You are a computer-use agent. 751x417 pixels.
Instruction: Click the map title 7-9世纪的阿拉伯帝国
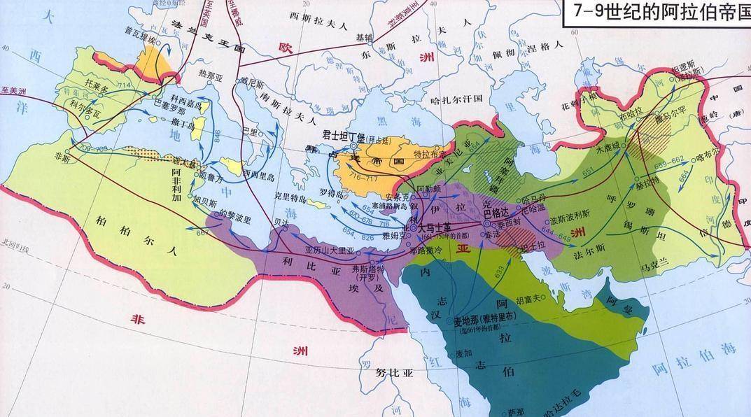657,14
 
